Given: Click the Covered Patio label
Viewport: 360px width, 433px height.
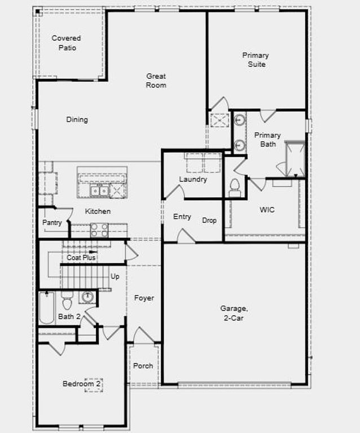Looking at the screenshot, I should pyautogui.click(x=66, y=43).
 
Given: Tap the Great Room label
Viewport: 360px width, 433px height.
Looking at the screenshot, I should pyautogui.click(x=156, y=81).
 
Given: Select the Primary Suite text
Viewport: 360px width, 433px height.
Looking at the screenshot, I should pyautogui.click(x=256, y=60).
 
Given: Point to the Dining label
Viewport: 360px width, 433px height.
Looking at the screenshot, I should pyautogui.click(x=77, y=120).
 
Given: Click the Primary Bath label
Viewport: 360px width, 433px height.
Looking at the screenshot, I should pyautogui.click(x=267, y=140).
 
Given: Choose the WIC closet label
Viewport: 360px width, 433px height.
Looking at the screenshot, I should pyautogui.click(x=267, y=210).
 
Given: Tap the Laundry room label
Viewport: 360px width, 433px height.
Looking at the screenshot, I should pyautogui.click(x=193, y=179).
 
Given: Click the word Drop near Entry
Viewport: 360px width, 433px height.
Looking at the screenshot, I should pyautogui.click(x=209, y=220).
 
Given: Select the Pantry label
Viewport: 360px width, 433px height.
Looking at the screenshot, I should pyautogui.click(x=52, y=223).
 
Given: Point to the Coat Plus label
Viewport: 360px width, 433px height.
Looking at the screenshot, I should pyautogui.click(x=81, y=258).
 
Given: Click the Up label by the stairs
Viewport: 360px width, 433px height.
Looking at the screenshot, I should pyautogui.click(x=115, y=277).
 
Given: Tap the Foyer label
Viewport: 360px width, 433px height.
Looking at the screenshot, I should pyautogui.click(x=144, y=298).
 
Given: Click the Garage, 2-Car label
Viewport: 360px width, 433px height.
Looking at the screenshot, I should pyautogui.click(x=234, y=313).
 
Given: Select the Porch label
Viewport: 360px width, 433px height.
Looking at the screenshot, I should pyautogui.click(x=143, y=366).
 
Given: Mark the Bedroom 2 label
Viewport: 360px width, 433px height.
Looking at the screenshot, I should pyautogui.click(x=82, y=384).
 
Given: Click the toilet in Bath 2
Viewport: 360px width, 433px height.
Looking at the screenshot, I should pyautogui.click(x=67, y=302).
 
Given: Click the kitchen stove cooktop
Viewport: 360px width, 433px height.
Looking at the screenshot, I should pyautogui.click(x=99, y=229).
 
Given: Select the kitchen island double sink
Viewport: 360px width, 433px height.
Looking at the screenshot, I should pyautogui.click(x=100, y=191).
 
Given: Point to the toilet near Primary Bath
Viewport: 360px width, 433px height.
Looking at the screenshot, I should pyautogui.click(x=235, y=187).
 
